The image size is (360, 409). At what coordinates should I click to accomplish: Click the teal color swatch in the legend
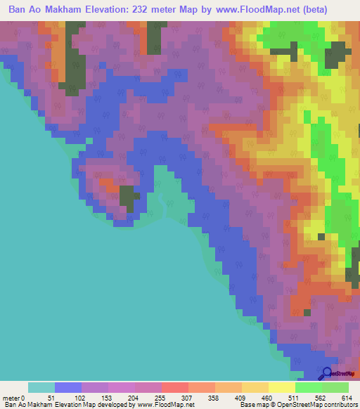point(41,387)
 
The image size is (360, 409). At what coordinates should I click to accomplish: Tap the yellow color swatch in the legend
point(282,387)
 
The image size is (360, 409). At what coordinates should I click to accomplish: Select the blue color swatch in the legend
point(68,387)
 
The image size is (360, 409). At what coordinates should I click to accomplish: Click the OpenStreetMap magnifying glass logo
point(326,373)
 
